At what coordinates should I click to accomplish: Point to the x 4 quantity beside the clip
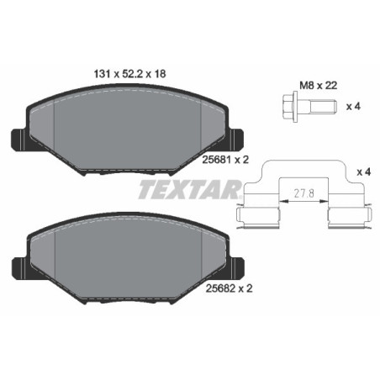pos(364,172)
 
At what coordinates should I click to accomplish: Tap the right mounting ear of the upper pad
pos(235,137)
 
